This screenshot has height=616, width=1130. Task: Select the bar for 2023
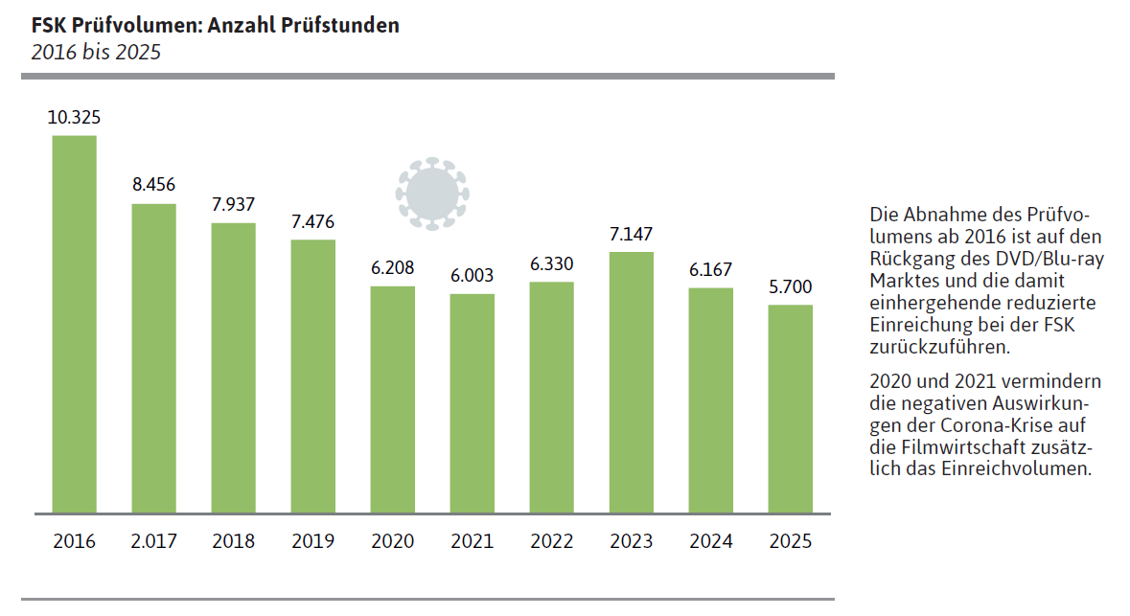click(x=632, y=382)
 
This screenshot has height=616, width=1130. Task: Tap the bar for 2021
click(x=473, y=403)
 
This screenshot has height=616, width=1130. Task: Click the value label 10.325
click(x=74, y=118)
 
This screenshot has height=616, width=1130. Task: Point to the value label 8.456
click(x=153, y=186)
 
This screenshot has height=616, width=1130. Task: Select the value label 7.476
click(x=312, y=221)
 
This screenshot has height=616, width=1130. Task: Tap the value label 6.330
click(x=551, y=263)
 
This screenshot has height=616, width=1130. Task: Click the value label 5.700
click(x=790, y=286)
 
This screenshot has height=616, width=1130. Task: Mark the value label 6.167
click(x=710, y=270)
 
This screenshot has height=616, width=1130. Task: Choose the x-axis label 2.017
click(x=153, y=541)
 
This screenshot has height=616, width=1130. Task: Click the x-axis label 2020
click(x=392, y=541)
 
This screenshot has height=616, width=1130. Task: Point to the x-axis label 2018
click(x=233, y=541)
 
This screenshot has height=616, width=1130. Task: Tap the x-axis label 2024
click(x=710, y=541)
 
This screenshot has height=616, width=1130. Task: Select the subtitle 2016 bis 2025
click(x=96, y=52)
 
